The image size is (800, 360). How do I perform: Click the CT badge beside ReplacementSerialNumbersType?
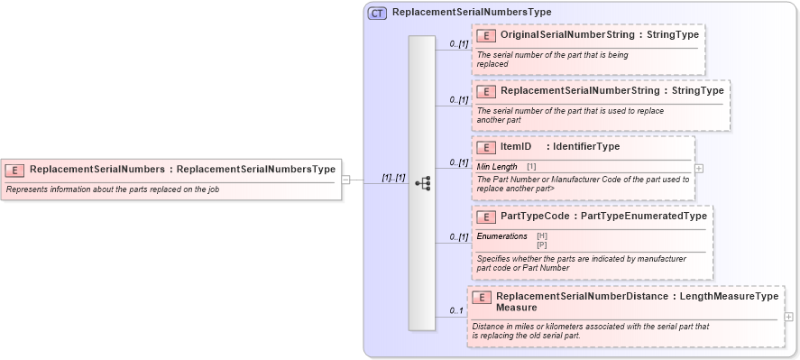click(x=377, y=13)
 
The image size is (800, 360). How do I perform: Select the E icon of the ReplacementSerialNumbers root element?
click(x=14, y=169)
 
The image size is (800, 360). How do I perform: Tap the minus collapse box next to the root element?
click(x=345, y=180)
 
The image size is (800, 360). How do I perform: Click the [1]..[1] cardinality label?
click(x=393, y=178)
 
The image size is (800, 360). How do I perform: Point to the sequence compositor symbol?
click(x=422, y=182)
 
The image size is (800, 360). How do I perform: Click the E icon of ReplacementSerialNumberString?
click(x=486, y=91)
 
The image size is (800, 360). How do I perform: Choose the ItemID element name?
click(x=516, y=147)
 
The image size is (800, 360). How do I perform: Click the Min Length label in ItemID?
click(x=497, y=167)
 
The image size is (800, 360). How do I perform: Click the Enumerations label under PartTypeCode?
click(x=501, y=236)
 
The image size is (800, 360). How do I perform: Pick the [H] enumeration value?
click(x=542, y=236)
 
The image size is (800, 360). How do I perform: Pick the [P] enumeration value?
click(x=542, y=244)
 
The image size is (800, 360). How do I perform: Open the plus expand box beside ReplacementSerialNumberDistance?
click(x=789, y=317)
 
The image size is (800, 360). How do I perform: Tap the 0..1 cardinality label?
click(x=457, y=311)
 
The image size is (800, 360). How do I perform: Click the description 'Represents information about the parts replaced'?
click(x=113, y=189)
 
